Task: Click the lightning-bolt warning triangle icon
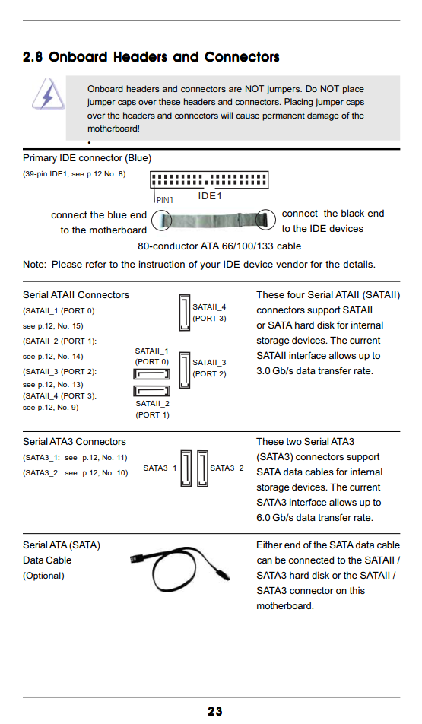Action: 48,94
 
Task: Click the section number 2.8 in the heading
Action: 33,57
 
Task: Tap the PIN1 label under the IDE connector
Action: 164,200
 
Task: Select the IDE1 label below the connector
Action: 210,196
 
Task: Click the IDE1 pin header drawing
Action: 209,179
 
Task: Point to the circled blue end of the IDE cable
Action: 162,221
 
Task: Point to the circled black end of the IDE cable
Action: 265,219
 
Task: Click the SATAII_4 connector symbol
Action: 185,313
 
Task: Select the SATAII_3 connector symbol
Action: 185,370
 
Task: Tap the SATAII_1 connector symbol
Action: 151,374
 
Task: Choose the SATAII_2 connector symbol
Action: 151,391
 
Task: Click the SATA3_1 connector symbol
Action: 186,468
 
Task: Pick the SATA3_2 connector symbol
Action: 202,468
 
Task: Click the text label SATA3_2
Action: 227,468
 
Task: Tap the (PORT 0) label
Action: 152,362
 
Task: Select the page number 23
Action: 214,712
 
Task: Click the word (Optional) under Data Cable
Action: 43,576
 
